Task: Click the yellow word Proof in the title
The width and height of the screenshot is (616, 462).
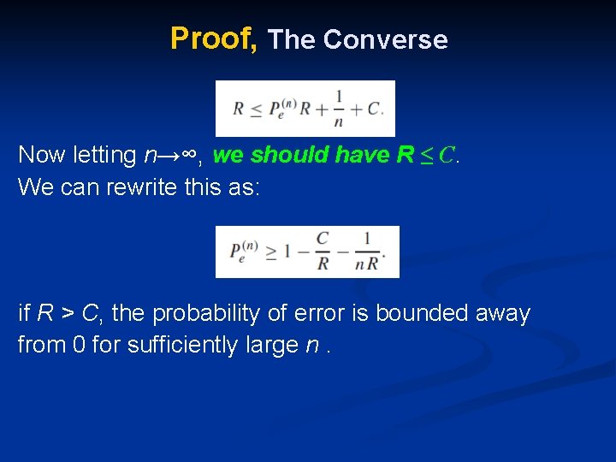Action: pyautogui.click(x=211, y=39)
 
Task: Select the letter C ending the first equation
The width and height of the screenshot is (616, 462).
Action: pyautogui.click(x=373, y=110)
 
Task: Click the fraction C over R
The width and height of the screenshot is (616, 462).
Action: pyautogui.click(x=322, y=252)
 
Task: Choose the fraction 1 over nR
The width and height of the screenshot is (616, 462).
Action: pyautogui.click(x=367, y=252)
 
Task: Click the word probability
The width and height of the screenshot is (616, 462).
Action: pyautogui.click(x=202, y=315)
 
